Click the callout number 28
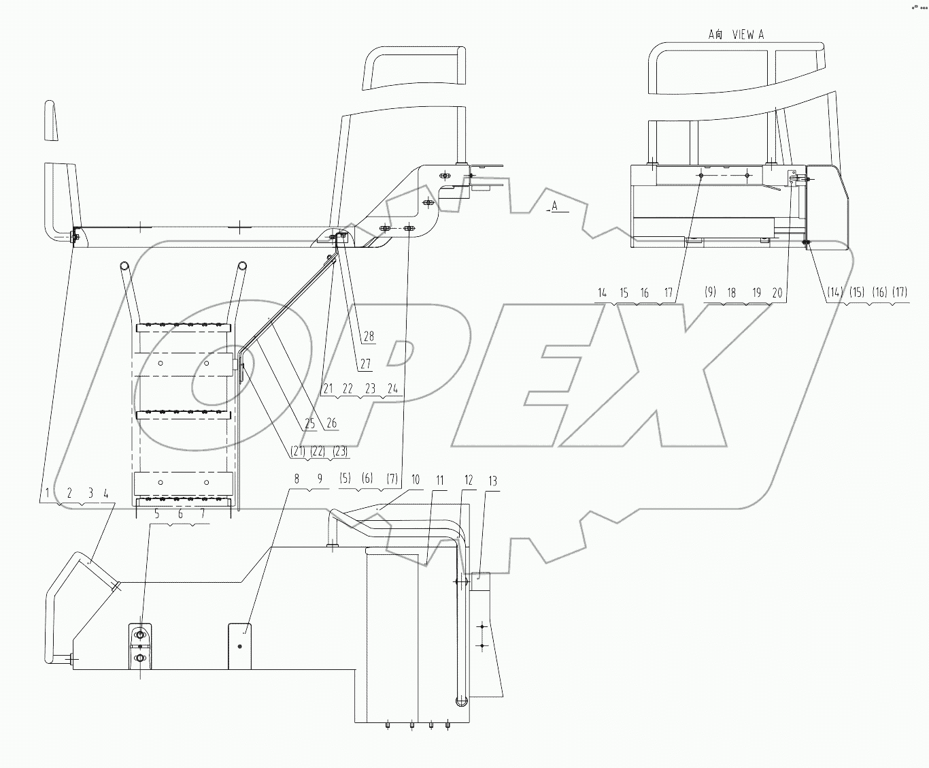point(368,336)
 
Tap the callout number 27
point(365,364)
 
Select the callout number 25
point(309,423)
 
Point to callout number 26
point(331,423)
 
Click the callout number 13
point(493,481)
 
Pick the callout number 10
point(416,480)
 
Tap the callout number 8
point(297,479)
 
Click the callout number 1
point(47,492)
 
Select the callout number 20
point(777,293)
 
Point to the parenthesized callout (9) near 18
point(710,293)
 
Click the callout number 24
point(392,389)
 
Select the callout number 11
point(440,481)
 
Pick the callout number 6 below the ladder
point(180,515)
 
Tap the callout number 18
point(732,293)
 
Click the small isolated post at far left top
point(50,121)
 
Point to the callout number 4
point(105,492)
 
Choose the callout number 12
point(468,481)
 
